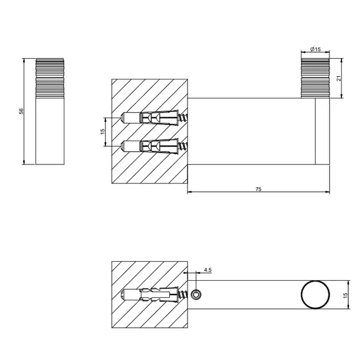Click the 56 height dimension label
(x=21, y=111)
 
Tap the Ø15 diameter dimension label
(x=315, y=49)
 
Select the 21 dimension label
(x=339, y=78)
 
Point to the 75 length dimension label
(x=258, y=189)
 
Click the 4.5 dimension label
(x=208, y=270)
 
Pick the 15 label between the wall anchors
(x=102, y=131)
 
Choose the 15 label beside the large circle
(x=346, y=295)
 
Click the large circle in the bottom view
(x=315, y=295)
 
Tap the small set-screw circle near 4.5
(x=196, y=295)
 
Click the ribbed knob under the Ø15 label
(x=315, y=78)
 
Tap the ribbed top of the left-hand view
(x=50, y=78)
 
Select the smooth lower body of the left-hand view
(x=50, y=131)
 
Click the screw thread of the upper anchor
(x=183, y=118)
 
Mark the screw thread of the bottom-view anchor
(x=183, y=295)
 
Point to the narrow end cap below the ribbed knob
(x=322, y=131)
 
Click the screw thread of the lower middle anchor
(x=183, y=146)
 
